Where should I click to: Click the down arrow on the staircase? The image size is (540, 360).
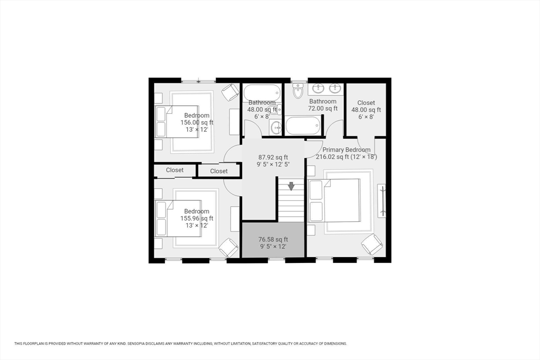[291, 186]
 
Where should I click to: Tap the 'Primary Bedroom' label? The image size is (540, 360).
[346, 150]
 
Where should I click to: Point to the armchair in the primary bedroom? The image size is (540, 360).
[372, 245]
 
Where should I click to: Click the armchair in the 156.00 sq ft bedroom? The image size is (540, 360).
[230, 93]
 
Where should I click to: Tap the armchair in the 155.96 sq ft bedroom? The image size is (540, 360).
[228, 247]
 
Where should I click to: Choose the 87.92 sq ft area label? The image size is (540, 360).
[273, 157]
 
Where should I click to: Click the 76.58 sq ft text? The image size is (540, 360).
[273, 239]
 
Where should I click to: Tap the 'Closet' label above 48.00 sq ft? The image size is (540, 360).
[366, 103]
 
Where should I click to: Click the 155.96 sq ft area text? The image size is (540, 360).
[197, 218]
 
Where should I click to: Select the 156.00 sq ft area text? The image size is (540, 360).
[197, 122]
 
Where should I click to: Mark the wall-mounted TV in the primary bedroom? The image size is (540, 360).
[382, 201]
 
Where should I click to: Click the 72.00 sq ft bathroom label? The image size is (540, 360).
[323, 105]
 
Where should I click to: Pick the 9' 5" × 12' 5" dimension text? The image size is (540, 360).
[273, 164]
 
